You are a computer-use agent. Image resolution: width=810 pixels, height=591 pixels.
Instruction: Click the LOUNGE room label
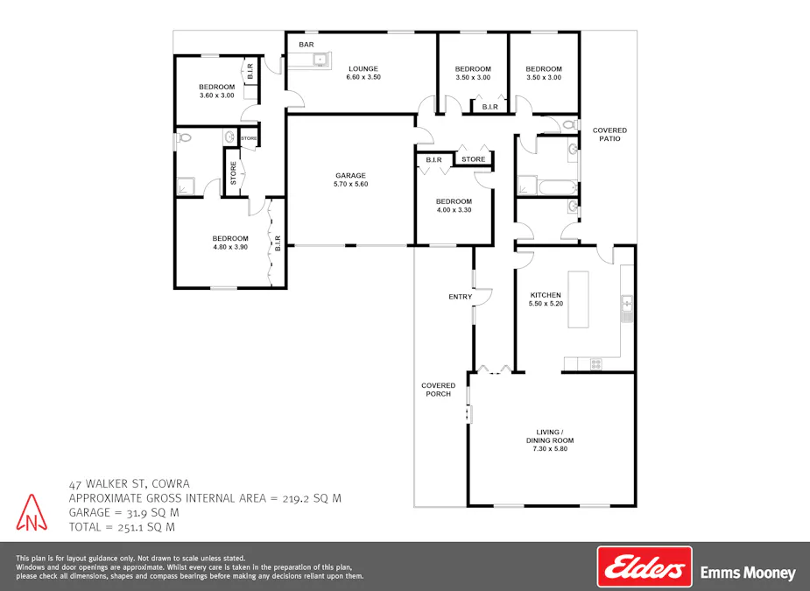pos(363,68)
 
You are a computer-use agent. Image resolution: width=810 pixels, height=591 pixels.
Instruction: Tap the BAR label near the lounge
pos(306,45)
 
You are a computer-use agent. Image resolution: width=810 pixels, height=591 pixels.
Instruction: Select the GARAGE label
pos(350,175)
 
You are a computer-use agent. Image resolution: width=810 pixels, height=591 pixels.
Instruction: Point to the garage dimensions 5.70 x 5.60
pos(350,185)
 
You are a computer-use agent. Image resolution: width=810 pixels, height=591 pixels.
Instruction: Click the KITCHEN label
pos(546,295)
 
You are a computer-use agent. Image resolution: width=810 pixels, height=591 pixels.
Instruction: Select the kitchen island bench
pos(578,299)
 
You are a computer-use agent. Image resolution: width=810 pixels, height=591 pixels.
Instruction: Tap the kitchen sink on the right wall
pos(627,304)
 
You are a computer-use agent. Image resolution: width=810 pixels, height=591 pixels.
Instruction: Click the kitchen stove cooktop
pos(596,362)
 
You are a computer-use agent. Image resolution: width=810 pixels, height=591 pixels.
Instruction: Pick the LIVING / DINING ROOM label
pos(550,436)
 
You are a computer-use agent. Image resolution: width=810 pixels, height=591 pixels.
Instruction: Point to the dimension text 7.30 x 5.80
pos(550,449)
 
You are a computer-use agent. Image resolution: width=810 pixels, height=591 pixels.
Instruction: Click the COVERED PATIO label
pos(609,134)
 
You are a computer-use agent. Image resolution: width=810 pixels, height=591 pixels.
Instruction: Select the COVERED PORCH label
pos(438,390)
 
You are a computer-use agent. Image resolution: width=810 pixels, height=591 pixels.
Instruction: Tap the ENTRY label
pos(460,297)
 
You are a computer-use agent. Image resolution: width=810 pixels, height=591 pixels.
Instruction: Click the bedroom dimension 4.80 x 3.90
pos(230,248)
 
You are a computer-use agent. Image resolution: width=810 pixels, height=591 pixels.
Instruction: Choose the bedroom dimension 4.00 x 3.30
pos(454,211)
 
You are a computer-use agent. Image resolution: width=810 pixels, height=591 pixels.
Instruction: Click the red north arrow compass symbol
pos(30,513)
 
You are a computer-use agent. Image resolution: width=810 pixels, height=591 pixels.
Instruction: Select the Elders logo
pos(644,566)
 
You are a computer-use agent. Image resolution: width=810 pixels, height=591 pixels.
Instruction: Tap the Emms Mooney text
pos(748,573)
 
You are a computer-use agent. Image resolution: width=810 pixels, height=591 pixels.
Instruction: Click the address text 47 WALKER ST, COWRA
pos(129,483)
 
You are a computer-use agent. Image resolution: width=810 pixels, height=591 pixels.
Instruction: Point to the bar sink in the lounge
pos(320,60)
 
